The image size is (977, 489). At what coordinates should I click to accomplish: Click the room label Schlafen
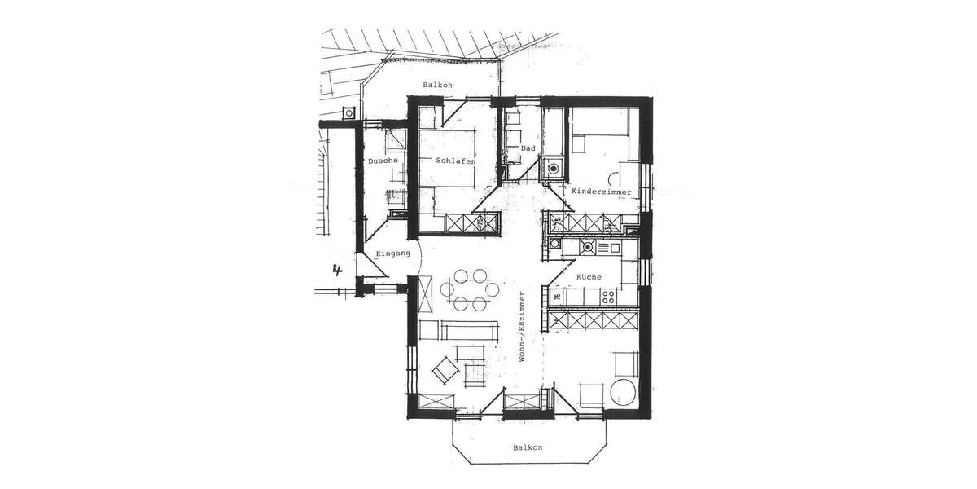pyautogui.click(x=455, y=161)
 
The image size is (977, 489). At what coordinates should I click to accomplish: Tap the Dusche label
pyautogui.click(x=383, y=161)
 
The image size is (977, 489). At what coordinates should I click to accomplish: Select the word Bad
pyautogui.click(x=528, y=148)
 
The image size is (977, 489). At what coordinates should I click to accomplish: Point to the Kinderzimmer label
pyautogui.click(x=602, y=191)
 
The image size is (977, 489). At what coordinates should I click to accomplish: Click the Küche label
pyautogui.click(x=589, y=277)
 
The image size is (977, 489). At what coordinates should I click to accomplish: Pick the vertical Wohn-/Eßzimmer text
pyautogui.click(x=523, y=326)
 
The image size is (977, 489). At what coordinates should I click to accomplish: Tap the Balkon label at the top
pyautogui.click(x=437, y=86)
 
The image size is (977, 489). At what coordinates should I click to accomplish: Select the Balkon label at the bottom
pyautogui.click(x=528, y=447)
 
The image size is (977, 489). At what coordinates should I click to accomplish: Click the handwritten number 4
pyautogui.click(x=335, y=269)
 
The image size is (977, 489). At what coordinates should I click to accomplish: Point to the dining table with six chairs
pyautogui.click(x=469, y=289)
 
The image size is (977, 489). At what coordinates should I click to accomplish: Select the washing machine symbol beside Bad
pyautogui.click(x=554, y=170)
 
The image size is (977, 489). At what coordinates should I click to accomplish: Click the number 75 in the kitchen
pyautogui.click(x=557, y=298)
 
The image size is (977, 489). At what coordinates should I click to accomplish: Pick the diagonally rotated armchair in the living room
pyautogui.click(x=443, y=370)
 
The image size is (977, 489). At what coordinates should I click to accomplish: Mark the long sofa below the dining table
pyautogui.click(x=470, y=331)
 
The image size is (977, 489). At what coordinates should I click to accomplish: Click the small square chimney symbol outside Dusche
pyautogui.click(x=349, y=113)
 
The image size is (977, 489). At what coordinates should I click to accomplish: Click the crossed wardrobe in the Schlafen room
pyautogui.click(x=468, y=222)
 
